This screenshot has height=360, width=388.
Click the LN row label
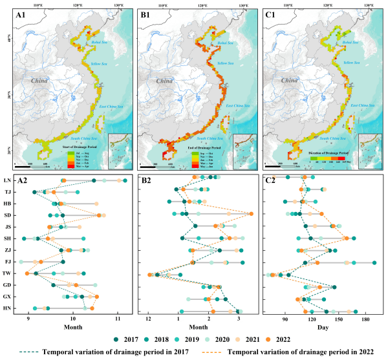[6, 180]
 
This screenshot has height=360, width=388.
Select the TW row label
[6, 273]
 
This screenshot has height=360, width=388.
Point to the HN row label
[6, 308]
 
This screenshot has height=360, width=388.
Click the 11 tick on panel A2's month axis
[117, 319]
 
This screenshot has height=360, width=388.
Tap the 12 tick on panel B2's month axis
[149, 319]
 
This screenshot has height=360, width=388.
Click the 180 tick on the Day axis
[365, 319]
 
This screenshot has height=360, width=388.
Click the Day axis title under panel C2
[325, 328]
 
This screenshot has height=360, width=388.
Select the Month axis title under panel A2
[71, 328]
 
